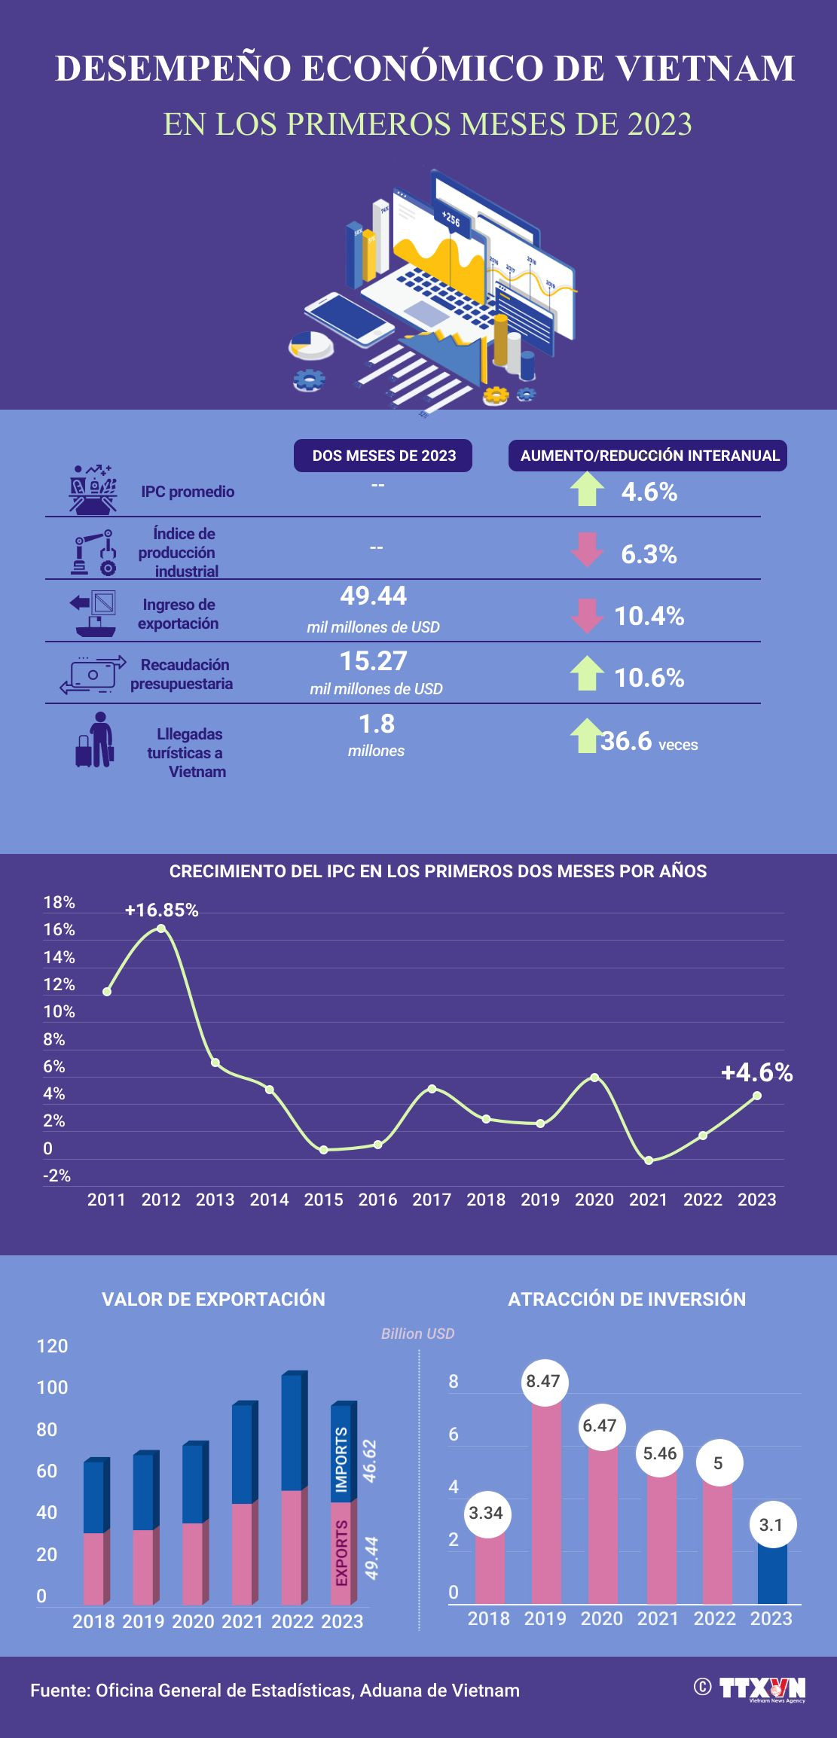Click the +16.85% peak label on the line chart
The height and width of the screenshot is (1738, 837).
pyautogui.click(x=161, y=910)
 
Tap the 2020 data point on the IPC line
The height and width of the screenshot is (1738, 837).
pyautogui.click(x=594, y=1078)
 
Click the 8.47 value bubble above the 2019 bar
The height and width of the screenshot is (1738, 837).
pyautogui.click(x=543, y=1381)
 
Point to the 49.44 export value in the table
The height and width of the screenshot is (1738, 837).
pyautogui.click(x=373, y=596)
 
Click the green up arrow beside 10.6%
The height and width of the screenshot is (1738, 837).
pyautogui.click(x=587, y=673)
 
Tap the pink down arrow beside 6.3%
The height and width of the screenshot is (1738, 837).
pyautogui.click(x=587, y=550)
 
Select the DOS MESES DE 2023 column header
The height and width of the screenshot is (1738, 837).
pyautogui.click(x=383, y=456)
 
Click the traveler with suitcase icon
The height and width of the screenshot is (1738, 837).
pyautogui.click(x=95, y=741)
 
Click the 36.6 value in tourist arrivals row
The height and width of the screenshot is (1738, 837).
pyautogui.click(x=626, y=742)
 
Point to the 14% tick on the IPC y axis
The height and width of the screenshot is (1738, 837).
pyautogui.click(x=59, y=958)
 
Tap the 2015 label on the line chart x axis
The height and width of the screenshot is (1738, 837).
pyautogui.click(x=323, y=1200)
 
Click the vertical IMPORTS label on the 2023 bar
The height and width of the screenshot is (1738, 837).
pyautogui.click(x=341, y=1459)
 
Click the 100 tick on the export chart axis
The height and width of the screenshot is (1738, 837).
pyautogui.click(x=52, y=1388)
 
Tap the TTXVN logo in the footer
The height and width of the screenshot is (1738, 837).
pyautogui.click(x=761, y=1688)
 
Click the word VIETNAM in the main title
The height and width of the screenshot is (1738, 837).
pyautogui.click(x=705, y=69)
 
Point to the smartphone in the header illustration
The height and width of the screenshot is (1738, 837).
pyautogui.click(x=349, y=319)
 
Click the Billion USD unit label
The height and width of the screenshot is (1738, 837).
pyautogui.click(x=417, y=1334)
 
